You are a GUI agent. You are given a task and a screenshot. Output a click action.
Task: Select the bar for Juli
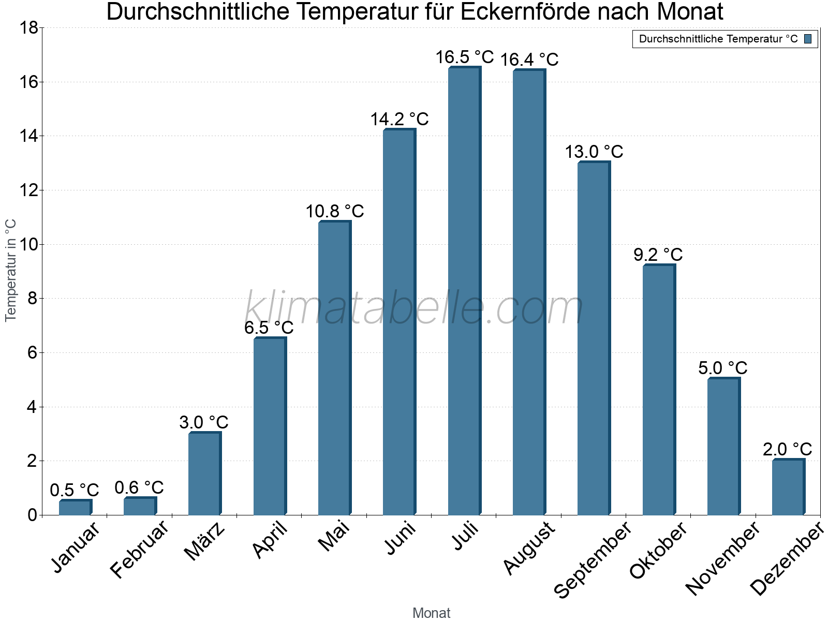click(x=464, y=291)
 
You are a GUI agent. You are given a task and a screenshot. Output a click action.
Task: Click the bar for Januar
click(x=75, y=507)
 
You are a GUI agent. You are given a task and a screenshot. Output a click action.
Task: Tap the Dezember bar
click(x=788, y=487)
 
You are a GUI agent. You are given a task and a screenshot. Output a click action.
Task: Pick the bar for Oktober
click(x=658, y=390)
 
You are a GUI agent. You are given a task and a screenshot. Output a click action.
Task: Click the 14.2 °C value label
click(x=399, y=120)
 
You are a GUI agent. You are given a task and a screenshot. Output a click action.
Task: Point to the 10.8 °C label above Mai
click(x=334, y=212)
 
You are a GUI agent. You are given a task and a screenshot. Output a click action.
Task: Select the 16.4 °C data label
click(x=529, y=60)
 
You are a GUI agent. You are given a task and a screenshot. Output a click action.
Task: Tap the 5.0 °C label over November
click(x=722, y=368)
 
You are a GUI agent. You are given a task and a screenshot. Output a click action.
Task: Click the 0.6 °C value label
click(x=139, y=487)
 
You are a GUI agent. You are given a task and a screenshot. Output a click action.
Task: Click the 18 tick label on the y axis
click(x=28, y=28)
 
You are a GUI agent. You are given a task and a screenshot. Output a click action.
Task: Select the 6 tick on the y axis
click(x=32, y=353)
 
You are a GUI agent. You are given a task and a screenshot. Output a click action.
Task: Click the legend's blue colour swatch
click(x=808, y=39)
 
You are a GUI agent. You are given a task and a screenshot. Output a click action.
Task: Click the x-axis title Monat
click(x=431, y=613)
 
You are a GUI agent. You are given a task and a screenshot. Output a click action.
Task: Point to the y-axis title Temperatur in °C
click(x=11, y=270)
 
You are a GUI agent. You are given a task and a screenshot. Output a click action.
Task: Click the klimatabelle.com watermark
click(x=414, y=309)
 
